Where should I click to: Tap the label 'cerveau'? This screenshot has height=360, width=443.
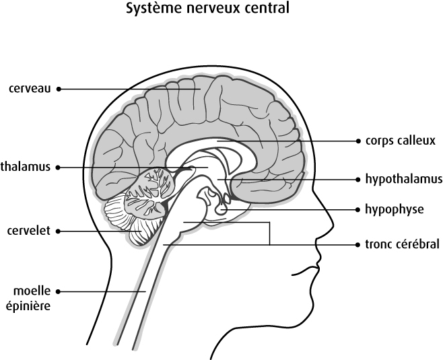(30, 88)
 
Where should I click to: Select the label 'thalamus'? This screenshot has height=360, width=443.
(26, 166)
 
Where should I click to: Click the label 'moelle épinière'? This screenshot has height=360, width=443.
(32, 297)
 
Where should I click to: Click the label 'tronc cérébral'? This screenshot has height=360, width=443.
(402, 244)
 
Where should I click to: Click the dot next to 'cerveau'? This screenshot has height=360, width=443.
(59, 88)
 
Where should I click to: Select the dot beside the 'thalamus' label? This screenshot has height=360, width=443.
(59, 167)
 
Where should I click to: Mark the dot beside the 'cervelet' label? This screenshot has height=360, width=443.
(59, 231)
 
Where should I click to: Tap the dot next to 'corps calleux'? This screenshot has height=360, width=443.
(357, 141)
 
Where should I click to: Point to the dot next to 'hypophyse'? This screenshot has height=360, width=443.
(357, 209)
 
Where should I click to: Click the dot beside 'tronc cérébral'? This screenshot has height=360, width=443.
(357, 244)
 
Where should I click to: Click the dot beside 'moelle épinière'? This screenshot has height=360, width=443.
(59, 291)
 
